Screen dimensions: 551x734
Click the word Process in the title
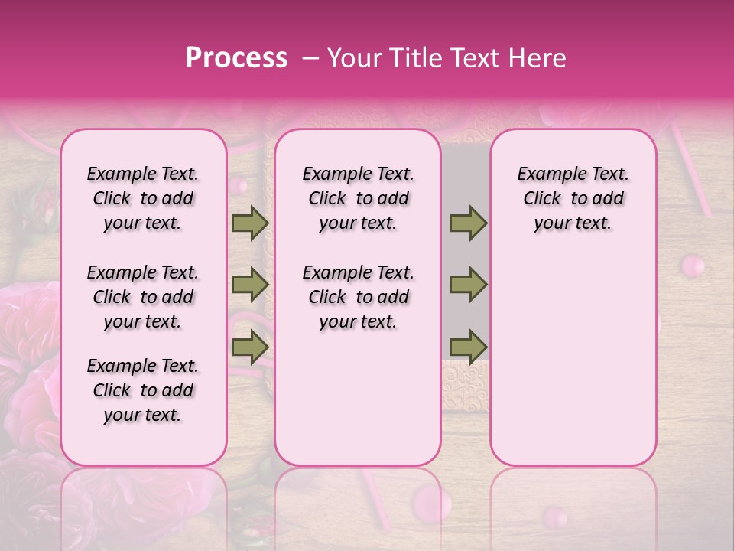pyautogui.click(x=236, y=58)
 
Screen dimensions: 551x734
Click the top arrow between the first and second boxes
pyautogui.click(x=250, y=223)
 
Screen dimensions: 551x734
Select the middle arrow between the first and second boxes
pyautogui.click(x=250, y=285)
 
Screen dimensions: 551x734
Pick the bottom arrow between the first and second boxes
pyautogui.click(x=250, y=346)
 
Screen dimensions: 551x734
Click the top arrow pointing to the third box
pyautogui.click(x=468, y=223)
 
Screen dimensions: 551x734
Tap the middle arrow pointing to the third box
pyautogui.click(x=468, y=285)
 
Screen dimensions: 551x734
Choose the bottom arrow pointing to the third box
pyautogui.click(x=468, y=346)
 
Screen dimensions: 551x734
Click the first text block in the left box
pyautogui.click(x=143, y=198)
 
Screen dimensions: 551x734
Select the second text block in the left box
pyautogui.click(x=143, y=297)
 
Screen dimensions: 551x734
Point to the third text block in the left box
pyautogui.click(x=143, y=390)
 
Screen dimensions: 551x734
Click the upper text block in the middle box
pyautogui.click(x=358, y=198)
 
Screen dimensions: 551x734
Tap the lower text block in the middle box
pyautogui.click(x=358, y=297)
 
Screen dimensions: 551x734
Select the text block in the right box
pyautogui.click(x=573, y=198)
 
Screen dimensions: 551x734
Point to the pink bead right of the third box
pyautogui.click(x=693, y=266)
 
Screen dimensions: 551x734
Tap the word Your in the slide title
pyautogui.click(x=353, y=58)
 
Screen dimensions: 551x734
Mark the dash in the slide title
pyautogui.click(x=310, y=58)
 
